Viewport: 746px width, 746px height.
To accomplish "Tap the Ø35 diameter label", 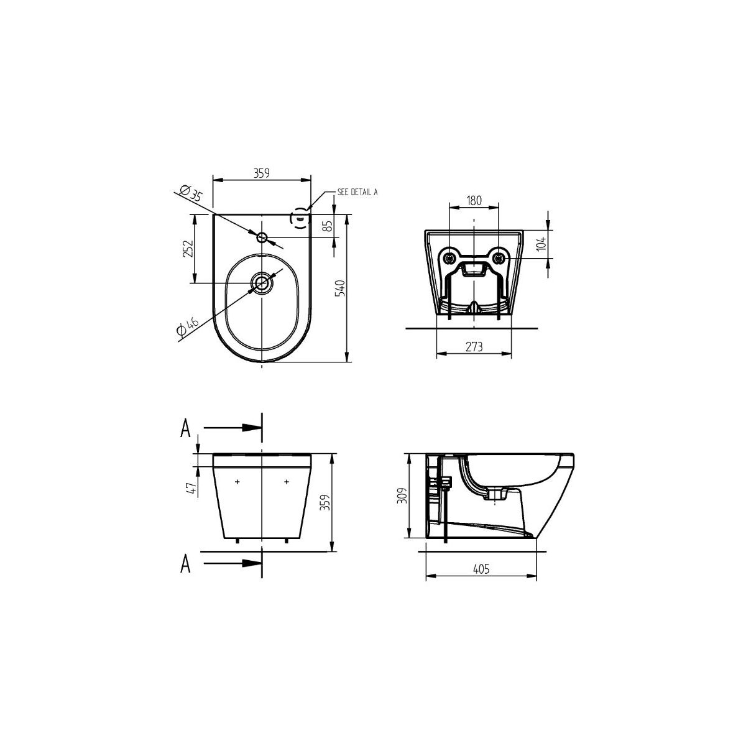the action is tap(191, 192).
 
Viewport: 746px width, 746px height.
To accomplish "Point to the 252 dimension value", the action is tap(188, 249).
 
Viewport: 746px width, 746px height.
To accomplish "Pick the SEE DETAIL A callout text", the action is tap(357, 192).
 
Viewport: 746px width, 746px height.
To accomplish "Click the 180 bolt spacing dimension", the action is tap(474, 201).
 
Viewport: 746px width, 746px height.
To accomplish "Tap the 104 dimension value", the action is tap(542, 244).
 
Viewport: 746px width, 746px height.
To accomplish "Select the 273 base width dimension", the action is tap(474, 346).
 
